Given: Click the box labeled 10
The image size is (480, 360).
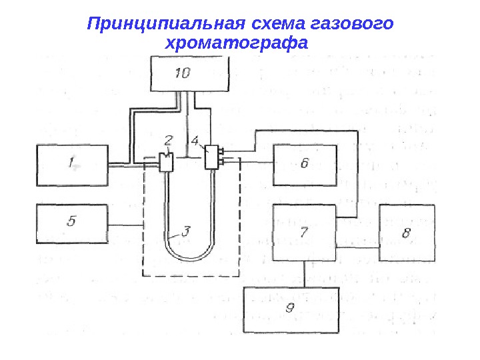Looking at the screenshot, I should coord(190,74).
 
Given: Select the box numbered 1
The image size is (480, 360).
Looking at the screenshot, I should coord(71,165).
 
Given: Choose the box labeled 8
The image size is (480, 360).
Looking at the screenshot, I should coord(407,232).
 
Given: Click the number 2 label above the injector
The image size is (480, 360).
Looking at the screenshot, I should coord(169,141).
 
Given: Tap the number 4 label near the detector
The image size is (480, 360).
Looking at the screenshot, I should coord(195,141).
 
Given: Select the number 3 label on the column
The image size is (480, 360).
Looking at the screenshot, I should coord(187,230).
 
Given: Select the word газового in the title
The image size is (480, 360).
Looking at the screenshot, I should coord(352,25).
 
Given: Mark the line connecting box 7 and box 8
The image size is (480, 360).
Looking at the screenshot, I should coord(357,248).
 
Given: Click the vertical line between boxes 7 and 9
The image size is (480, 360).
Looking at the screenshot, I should coord(305,274).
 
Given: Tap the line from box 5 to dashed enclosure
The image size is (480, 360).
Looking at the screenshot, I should coord(125,226).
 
